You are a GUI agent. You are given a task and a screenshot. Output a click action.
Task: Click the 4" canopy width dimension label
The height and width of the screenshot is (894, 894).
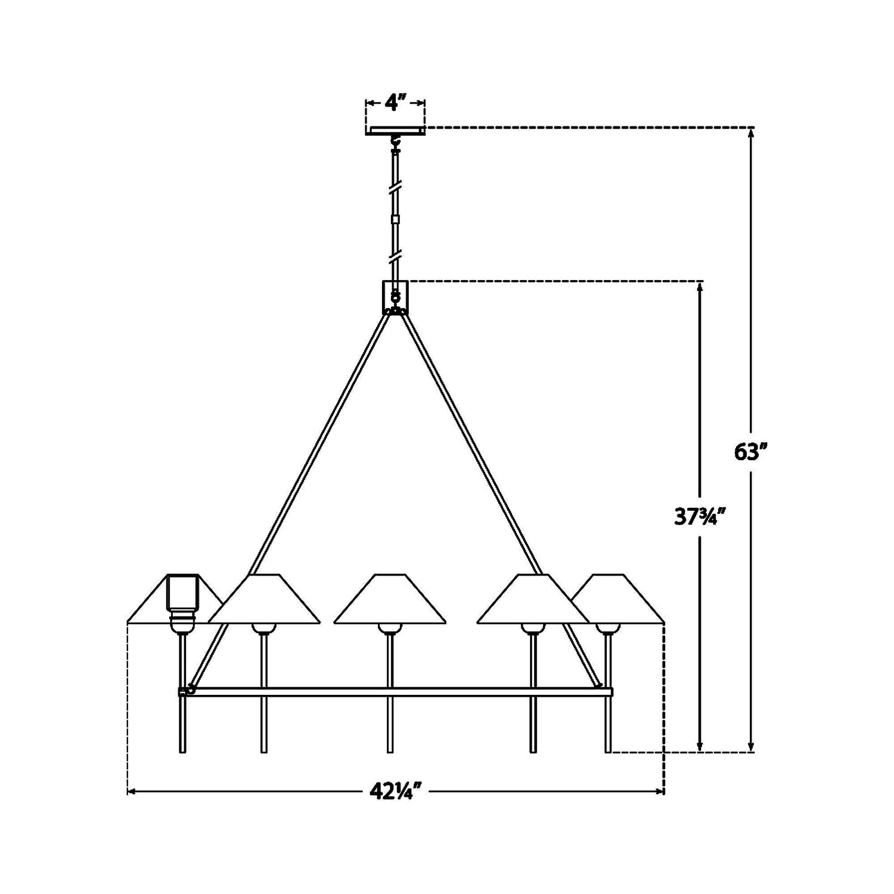click(395, 103)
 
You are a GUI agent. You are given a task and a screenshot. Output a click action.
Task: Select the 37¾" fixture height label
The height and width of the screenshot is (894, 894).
click(700, 517)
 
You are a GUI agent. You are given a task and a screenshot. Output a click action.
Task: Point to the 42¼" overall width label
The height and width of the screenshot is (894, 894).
click(396, 791)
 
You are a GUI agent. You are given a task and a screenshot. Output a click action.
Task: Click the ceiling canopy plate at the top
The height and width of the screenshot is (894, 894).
click(395, 131)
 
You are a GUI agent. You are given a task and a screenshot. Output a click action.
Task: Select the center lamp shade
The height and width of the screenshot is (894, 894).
click(390, 599)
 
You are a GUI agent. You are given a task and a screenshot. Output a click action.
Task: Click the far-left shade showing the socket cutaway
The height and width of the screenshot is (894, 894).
click(175, 599)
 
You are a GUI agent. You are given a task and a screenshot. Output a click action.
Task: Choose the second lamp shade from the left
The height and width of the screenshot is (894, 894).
click(264, 599)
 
